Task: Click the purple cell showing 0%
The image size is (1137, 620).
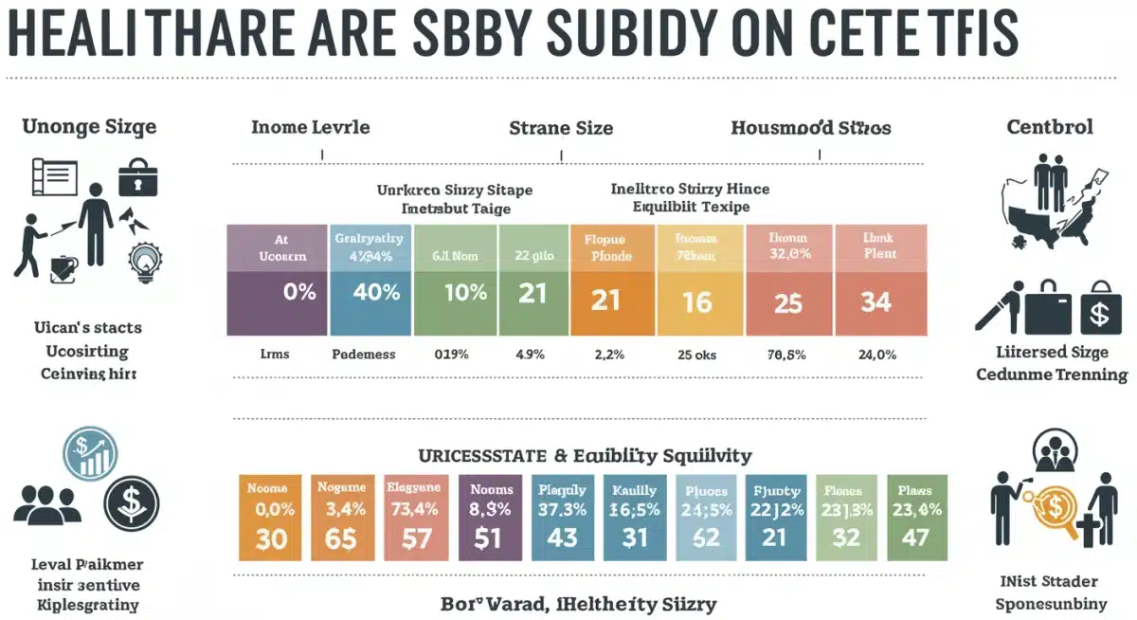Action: point(277,293)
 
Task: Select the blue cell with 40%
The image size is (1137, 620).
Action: point(370,293)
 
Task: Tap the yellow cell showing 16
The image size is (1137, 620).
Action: point(697,301)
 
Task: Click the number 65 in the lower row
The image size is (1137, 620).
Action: point(339,538)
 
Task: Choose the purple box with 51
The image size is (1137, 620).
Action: point(490,538)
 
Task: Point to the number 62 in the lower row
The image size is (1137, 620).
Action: point(706,538)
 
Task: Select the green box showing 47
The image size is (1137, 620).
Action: point(913,538)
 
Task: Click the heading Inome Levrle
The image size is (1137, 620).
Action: point(310,127)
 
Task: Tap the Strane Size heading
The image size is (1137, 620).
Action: point(561,127)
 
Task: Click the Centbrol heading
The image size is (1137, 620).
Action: point(1050,127)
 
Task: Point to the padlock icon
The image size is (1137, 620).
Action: point(138,179)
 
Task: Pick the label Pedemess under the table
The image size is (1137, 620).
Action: point(364,355)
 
